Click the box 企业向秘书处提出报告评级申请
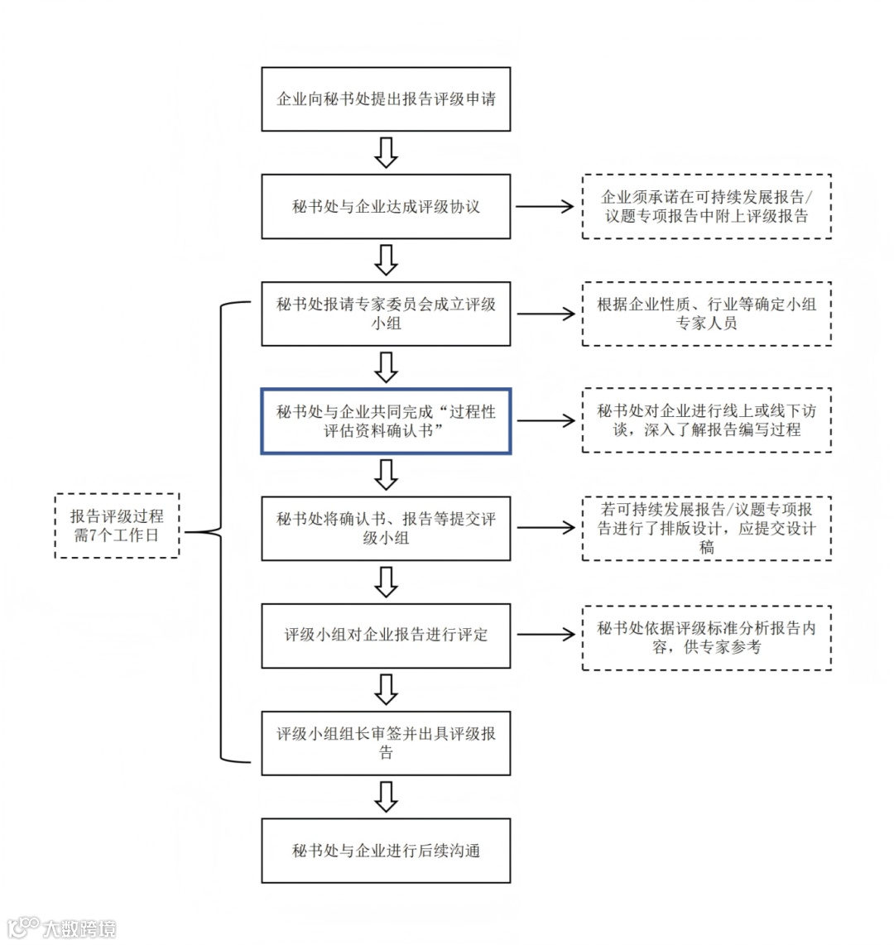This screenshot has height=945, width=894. click(x=386, y=99)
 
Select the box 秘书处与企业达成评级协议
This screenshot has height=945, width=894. click(x=386, y=207)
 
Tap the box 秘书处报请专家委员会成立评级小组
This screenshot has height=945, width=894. click(x=386, y=314)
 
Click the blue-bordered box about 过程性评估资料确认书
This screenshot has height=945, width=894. click(x=386, y=420)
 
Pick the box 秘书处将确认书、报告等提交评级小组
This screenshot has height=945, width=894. click(x=386, y=528)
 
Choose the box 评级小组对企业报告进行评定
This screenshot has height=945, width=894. click(x=386, y=636)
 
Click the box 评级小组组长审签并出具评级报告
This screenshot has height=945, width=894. click(x=386, y=743)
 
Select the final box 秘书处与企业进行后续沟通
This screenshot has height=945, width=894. click(x=386, y=851)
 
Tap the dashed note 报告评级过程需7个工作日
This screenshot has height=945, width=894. click(x=117, y=526)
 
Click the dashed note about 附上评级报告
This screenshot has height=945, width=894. click(x=706, y=207)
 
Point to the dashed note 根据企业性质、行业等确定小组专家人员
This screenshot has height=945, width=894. click(x=706, y=314)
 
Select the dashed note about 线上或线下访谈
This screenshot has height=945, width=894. click(x=706, y=420)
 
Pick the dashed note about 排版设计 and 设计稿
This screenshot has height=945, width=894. click(x=706, y=528)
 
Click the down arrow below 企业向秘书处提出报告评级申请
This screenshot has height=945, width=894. click(x=386, y=153)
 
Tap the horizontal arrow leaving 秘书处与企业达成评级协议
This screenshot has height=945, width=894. click(x=545, y=207)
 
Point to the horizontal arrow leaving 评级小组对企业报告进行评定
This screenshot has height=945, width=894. click(x=545, y=636)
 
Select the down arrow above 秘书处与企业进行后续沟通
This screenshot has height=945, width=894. click(x=386, y=797)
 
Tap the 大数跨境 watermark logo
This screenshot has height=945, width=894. click(x=62, y=928)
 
